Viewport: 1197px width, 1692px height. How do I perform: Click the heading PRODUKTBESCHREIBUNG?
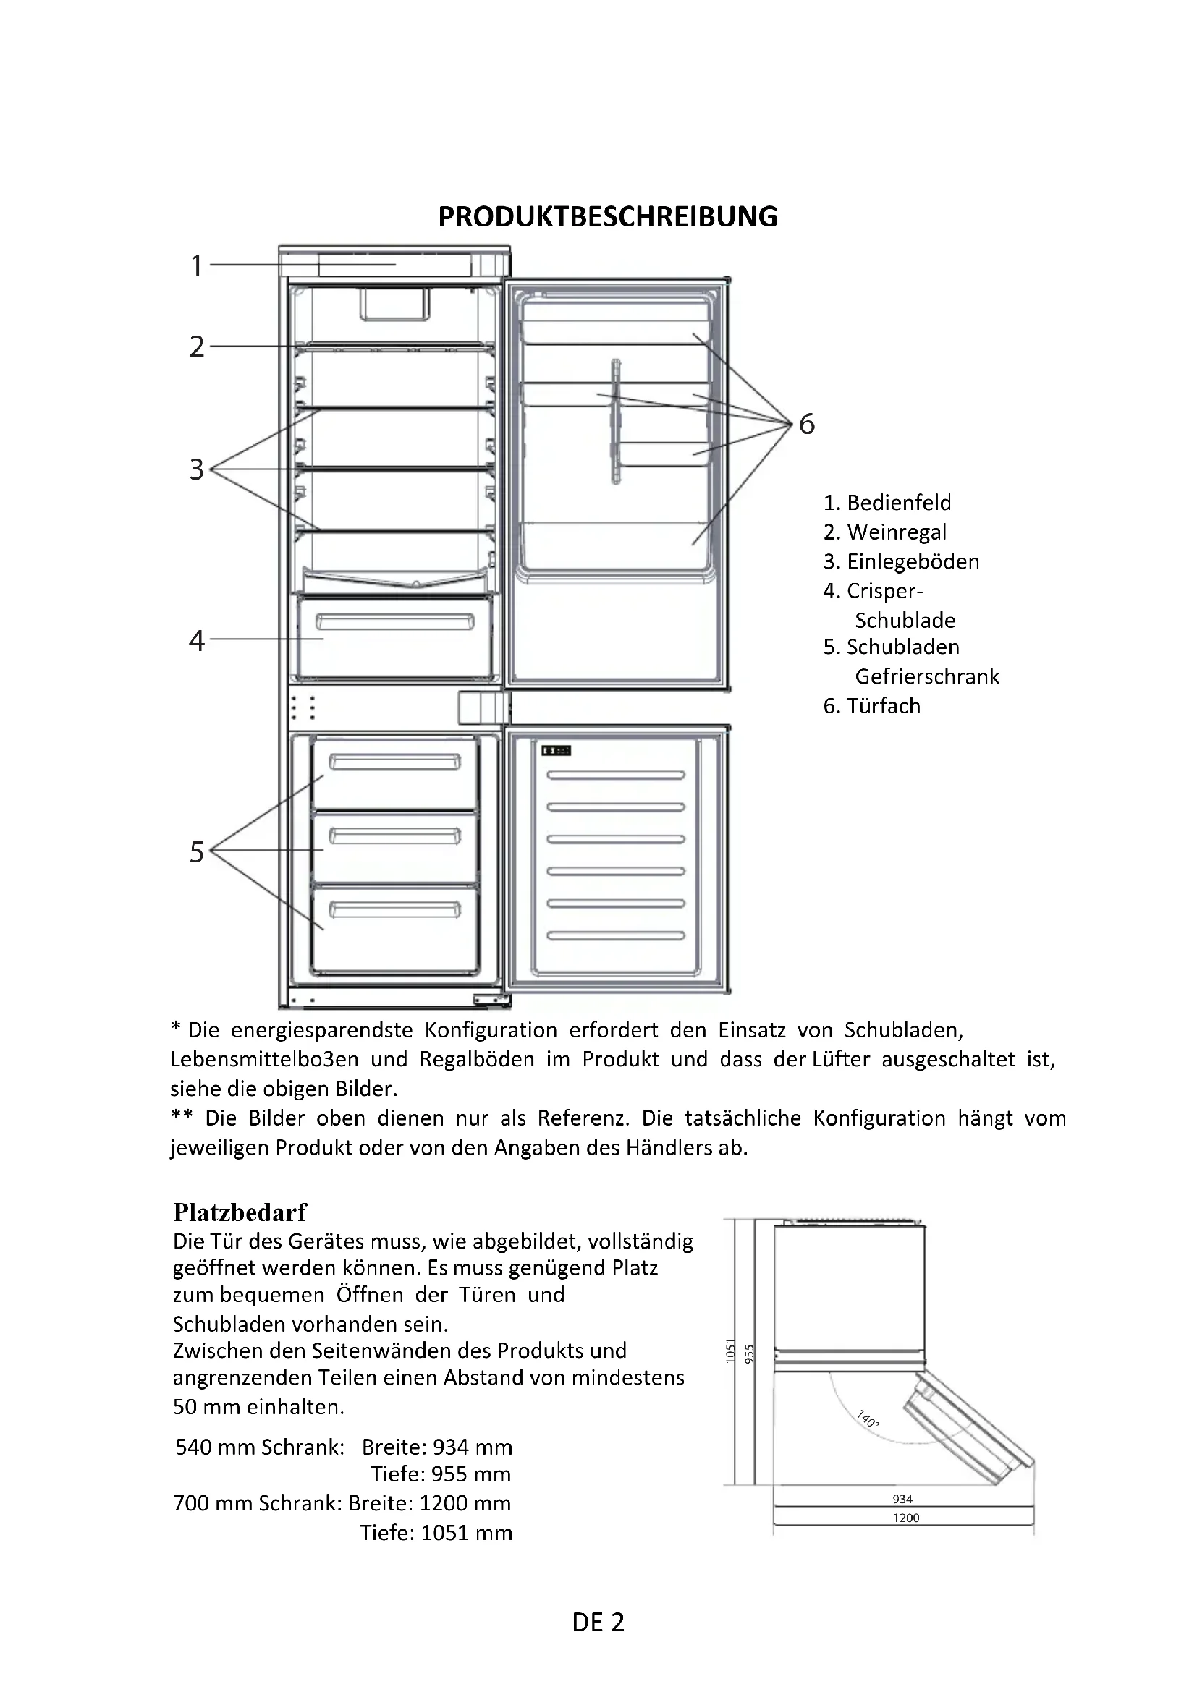pyautogui.click(x=607, y=217)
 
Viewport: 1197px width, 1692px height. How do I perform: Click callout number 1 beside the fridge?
pyautogui.click(x=196, y=266)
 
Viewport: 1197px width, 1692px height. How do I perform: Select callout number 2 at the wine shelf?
pyautogui.click(x=196, y=347)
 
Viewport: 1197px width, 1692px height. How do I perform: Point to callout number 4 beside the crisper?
pyautogui.click(x=196, y=640)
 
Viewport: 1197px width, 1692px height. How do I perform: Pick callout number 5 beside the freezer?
pyautogui.click(x=196, y=852)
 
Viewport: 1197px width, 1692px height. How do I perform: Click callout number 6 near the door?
pyautogui.click(x=807, y=425)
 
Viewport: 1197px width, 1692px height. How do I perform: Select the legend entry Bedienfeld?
pyautogui.click(x=899, y=503)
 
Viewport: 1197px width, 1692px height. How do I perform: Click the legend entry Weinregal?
pyautogui.click(x=896, y=532)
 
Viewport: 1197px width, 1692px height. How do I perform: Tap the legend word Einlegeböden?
pyautogui.click(x=913, y=561)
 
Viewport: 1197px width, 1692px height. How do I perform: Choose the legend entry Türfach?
pyautogui.click(x=883, y=706)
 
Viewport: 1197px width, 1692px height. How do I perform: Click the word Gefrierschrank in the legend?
pyautogui.click(x=926, y=676)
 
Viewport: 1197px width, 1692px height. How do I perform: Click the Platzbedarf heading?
pyautogui.click(x=240, y=1212)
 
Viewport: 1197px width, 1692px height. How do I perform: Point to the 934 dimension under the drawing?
pyautogui.click(x=902, y=1500)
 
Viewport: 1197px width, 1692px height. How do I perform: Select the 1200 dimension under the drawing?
pyautogui.click(x=906, y=1518)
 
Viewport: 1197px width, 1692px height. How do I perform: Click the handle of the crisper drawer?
pyautogui.click(x=395, y=623)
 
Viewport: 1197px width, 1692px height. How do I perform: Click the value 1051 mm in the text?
pyautogui.click(x=466, y=1533)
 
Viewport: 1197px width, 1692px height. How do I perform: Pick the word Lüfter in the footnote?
pyautogui.click(x=840, y=1060)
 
